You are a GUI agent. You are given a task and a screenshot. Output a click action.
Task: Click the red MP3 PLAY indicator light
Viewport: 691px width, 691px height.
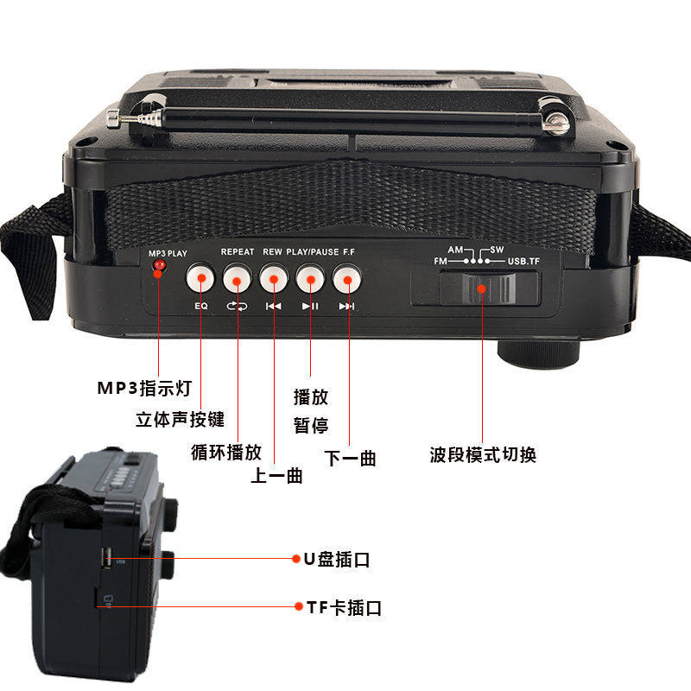pos(159,266)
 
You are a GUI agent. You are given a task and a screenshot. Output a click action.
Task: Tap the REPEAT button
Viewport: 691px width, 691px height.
pos(237,278)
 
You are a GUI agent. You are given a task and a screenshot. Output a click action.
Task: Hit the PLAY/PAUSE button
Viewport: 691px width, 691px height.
pos(309,278)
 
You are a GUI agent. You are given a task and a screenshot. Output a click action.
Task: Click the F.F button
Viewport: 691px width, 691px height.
pos(346,278)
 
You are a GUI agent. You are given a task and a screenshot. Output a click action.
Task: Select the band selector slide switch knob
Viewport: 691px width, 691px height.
pos(483,288)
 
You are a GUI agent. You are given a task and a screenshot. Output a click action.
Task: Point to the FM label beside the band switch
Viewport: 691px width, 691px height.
pos(441,261)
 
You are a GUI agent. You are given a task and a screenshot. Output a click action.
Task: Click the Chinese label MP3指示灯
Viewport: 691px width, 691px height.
pos(143,388)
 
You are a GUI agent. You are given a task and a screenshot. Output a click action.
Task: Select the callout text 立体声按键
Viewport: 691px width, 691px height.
pos(180,419)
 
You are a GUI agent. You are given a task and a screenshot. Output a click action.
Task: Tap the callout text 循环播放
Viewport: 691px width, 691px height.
pos(225,452)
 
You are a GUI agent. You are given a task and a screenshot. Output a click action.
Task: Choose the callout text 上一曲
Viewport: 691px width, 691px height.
pos(276,475)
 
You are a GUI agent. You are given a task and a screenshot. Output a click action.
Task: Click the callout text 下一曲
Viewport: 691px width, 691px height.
pos(350,459)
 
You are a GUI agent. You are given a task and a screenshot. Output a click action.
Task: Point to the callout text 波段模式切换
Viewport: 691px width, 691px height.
pos(483,454)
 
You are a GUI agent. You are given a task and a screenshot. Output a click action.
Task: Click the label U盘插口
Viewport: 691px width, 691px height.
pos(336,559)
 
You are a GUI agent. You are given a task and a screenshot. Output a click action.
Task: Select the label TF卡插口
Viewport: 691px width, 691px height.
pos(344,607)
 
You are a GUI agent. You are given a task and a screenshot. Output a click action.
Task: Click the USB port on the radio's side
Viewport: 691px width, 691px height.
pos(105,555)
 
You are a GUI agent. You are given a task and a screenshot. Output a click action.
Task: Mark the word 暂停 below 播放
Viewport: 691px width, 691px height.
pos(311,426)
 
